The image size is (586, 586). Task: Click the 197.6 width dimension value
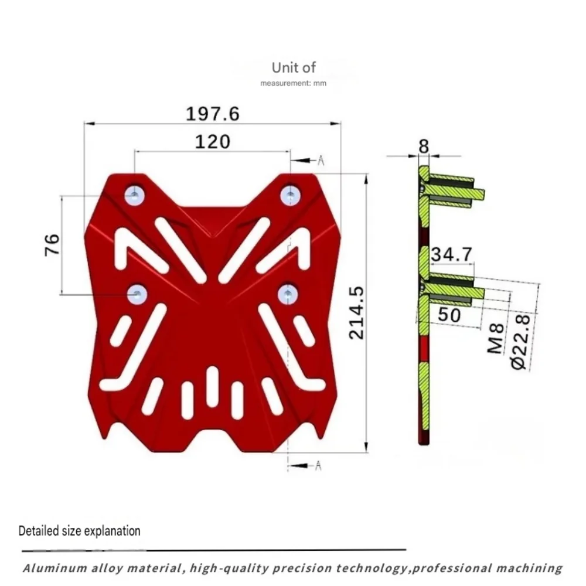click(x=213, y=114)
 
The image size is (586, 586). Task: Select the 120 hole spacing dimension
click(x=213, y=142)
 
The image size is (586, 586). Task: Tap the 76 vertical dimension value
click(x=52, y=245)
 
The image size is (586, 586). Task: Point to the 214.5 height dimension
click(x=356, y=313)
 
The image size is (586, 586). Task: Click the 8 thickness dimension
click(x=424, y=146)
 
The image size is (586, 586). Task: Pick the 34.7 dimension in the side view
click(x=452, y=254)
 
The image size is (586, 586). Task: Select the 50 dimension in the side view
click(x=449, y=315)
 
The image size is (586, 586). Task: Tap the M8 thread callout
click(x=496, y=339)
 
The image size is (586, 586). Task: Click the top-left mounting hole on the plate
click(x=135, y=195)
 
